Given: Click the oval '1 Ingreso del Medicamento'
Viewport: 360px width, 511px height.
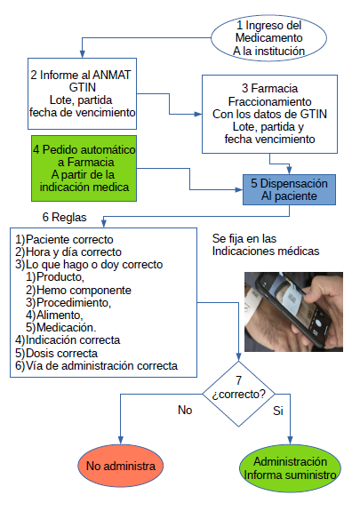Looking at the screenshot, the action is click(x=268, y=38).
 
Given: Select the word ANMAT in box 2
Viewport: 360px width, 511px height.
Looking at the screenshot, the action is click(x=112, y=75).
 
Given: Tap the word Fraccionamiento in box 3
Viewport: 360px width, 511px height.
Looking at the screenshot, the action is click(x=269, y=101).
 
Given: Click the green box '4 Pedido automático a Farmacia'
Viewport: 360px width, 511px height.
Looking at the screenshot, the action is click(x=84, y=168).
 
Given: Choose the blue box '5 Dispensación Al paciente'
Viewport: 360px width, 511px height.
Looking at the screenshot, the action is click(x=289, y=189).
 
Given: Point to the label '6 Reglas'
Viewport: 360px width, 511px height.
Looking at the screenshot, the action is click(x=65, y=217).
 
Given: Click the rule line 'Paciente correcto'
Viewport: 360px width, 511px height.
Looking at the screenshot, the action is click(x=69, y=240).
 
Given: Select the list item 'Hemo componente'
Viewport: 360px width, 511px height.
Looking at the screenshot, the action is click(x=84, y=290).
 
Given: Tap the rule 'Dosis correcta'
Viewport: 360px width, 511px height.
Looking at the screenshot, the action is click(x=61, y=353).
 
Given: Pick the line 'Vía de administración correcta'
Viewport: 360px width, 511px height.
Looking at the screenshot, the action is click(x=101, y=365).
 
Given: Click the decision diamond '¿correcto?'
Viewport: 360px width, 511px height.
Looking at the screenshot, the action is click(x=239, y=394).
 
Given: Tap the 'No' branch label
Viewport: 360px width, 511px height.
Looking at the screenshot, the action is click(x=185, y=410).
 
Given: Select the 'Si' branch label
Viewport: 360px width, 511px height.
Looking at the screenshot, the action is click(x=278, y=411).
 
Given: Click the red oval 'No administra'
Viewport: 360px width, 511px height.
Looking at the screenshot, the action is click(x=121, y=466).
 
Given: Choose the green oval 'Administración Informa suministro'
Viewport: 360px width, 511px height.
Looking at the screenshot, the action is click(x=290, y=468).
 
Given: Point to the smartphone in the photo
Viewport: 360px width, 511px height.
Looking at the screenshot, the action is click(x=293, y=308).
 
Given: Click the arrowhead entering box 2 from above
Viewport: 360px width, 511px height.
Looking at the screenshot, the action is click(x=83, y=54).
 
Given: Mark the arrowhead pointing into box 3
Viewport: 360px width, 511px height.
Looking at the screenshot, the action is click(x=198, y=114).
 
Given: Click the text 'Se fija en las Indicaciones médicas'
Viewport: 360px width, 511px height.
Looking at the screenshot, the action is click(x=266, y=244).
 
